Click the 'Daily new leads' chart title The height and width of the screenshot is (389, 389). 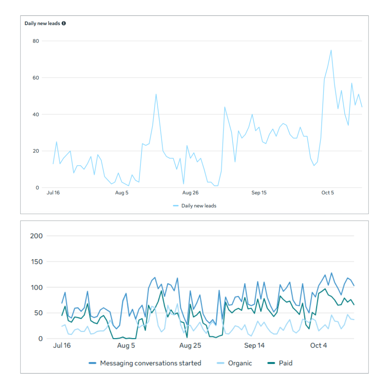point(43,23)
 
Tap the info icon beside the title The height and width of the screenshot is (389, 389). point(64,23)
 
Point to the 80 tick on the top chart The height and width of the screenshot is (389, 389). point(36,41)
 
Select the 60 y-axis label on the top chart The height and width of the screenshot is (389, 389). point(36,78)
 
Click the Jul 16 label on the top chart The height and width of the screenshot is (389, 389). point(53,193)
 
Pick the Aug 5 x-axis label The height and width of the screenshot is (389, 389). point(122,193)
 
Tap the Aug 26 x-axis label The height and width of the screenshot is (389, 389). point(190,193)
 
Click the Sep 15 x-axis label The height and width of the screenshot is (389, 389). point(259,193)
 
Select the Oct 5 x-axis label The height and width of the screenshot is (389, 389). point(327,193)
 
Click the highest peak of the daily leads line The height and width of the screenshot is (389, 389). point(331,50)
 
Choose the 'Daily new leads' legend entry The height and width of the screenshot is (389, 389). point(198,206)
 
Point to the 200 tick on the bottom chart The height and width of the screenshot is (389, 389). point(37,236)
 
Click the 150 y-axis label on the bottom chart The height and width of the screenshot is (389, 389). point(37,262)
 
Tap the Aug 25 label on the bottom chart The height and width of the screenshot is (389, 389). point(190,346)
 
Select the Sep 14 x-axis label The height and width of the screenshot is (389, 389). point(254,346)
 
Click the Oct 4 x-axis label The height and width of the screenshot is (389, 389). point(318,346)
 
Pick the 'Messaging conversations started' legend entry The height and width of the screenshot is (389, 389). point(151,363)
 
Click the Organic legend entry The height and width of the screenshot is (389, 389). point(240,363)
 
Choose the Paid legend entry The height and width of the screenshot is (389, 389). point(286,363)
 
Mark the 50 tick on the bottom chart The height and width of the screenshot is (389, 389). point(39,313)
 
